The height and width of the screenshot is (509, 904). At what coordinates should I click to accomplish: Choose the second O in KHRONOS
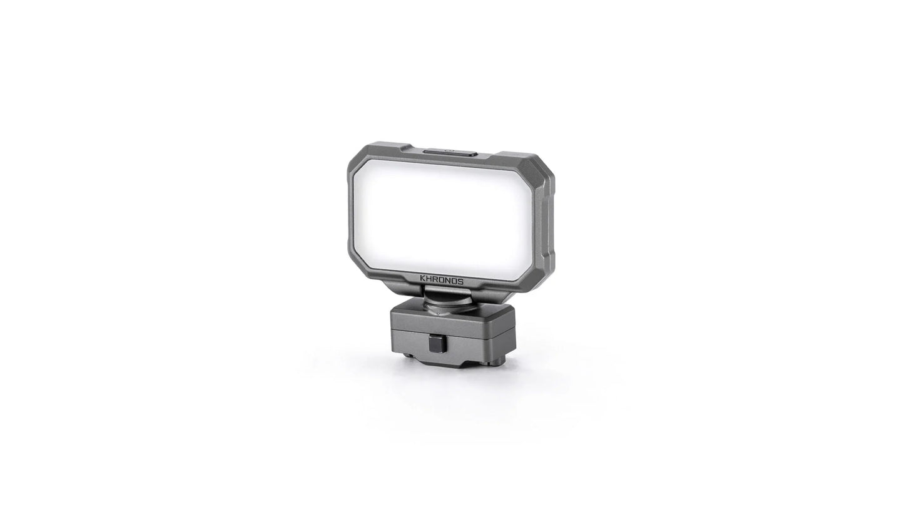pos(455,281)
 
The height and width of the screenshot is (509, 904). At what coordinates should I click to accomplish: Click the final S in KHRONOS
pos(461,281)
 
